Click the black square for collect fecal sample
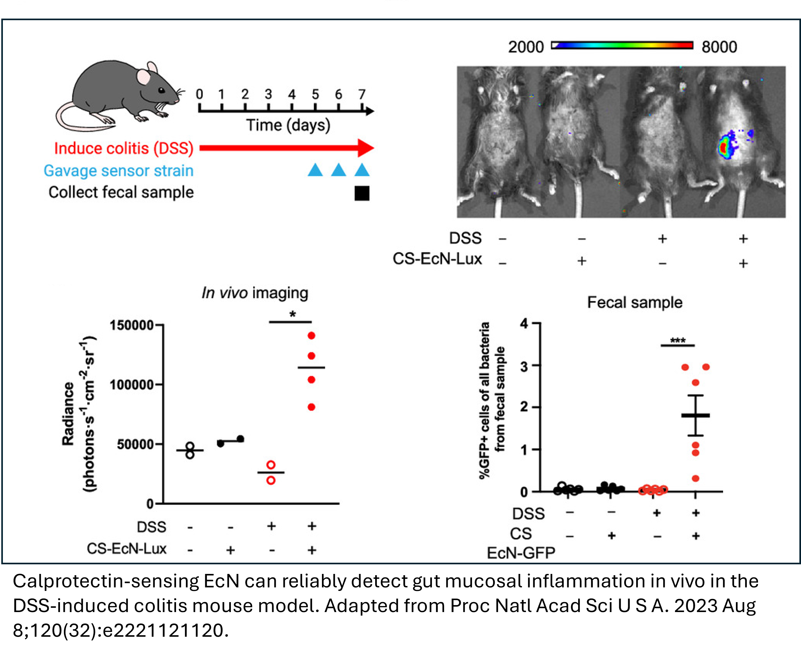click(x=362, y=193)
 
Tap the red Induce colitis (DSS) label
click(x=124, y=148)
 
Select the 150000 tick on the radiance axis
click(x=131, y=325)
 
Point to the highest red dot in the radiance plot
click(x=311, y=336)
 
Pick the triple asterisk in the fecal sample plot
click(x=678, y=341)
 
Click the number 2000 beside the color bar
click(x=526, y=47)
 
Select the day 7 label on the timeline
click(x=362, y=94)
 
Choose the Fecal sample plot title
click(x=635, y=303)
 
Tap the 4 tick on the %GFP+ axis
click(x=524, y=323)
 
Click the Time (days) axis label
click(x=288, y=125)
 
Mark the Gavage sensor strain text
click(x=119, y=170)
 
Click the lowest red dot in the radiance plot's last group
click(x=311, y=407)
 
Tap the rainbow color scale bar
click(x=622, y=46)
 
